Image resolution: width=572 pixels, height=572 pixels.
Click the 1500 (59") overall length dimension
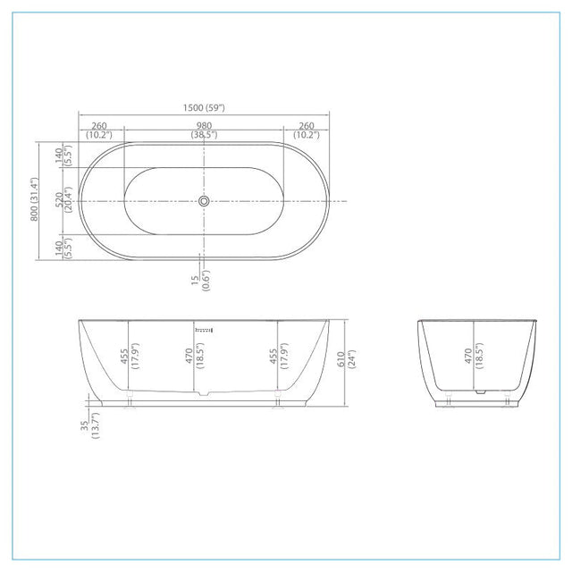tap(204, 108)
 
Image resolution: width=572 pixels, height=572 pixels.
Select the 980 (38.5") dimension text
tap(204, 130)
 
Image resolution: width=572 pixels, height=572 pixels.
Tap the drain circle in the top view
tap(204, 201)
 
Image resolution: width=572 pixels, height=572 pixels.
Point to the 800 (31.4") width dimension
tap(34, 199)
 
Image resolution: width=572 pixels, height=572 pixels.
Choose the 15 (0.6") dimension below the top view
tap(200, 280)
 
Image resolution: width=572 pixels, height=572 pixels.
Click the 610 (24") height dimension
tap(346, 359)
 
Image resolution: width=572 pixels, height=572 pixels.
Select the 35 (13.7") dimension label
tap(89, 425)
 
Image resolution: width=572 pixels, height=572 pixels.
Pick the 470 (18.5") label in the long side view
tap(195, 356)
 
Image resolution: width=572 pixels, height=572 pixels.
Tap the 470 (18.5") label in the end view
tap(474, 356)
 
